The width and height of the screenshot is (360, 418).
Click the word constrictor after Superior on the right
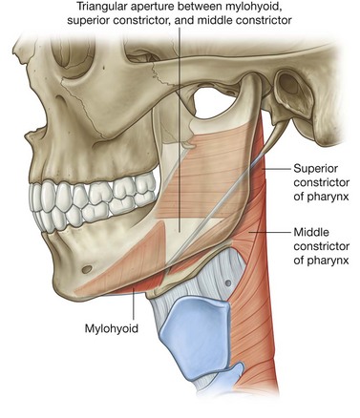(x=316, y=182)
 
